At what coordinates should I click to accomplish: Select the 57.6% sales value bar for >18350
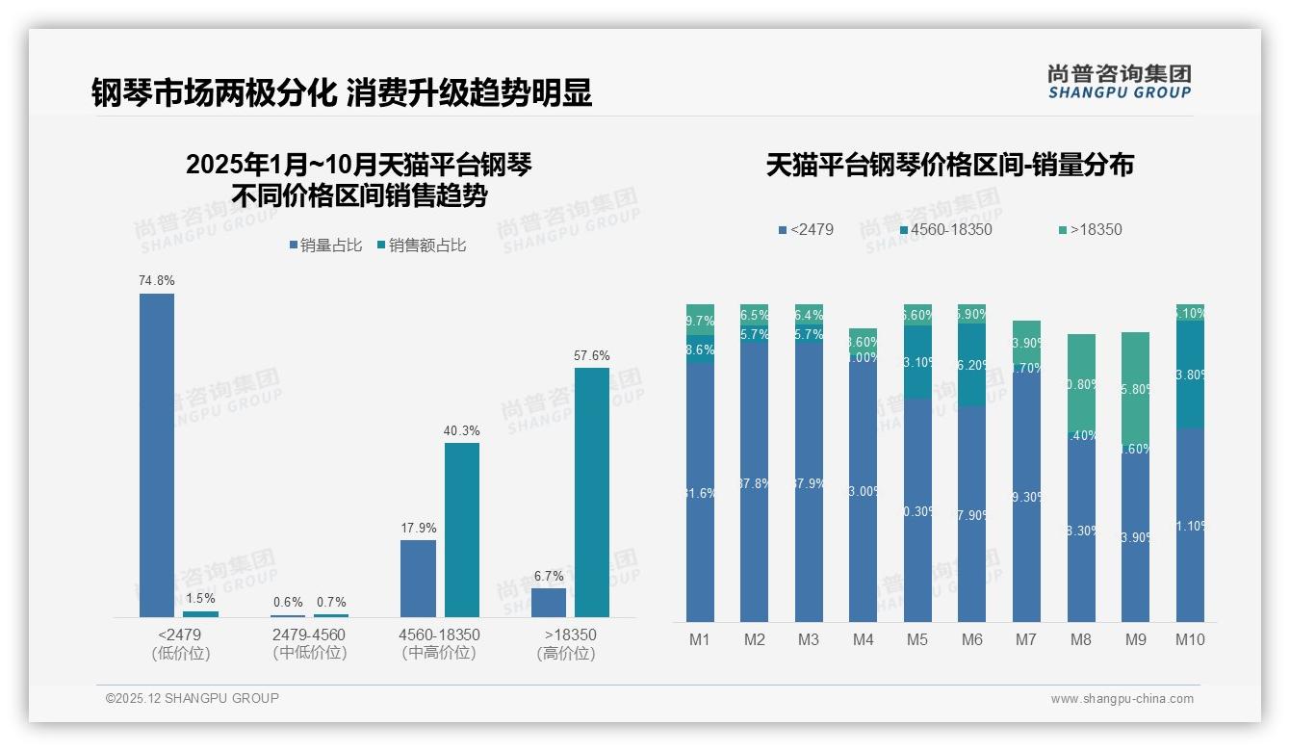pos(592,492)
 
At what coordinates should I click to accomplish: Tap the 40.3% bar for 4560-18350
pos(462,530)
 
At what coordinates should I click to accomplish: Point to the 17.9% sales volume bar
pos(418,578)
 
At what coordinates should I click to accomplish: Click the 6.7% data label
pos(549,576)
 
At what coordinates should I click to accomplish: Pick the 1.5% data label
pos(200,599)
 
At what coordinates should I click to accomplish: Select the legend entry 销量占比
pos(325,246)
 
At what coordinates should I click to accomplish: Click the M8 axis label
pos(1081,639)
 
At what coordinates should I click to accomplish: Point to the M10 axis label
pos(1190,639)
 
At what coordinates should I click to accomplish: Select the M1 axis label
pos(700,639)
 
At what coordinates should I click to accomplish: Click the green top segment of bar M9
pos(1136,385)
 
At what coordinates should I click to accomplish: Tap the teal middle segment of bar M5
pos(918,362)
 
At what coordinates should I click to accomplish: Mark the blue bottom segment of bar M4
pos(864,491)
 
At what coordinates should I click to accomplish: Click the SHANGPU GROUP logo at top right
pos(1119,81)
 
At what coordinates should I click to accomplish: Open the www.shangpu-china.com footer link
pos(1122,699)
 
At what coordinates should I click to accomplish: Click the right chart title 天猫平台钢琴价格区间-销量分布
pos(949,165)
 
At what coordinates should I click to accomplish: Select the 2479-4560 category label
pos(309,635)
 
